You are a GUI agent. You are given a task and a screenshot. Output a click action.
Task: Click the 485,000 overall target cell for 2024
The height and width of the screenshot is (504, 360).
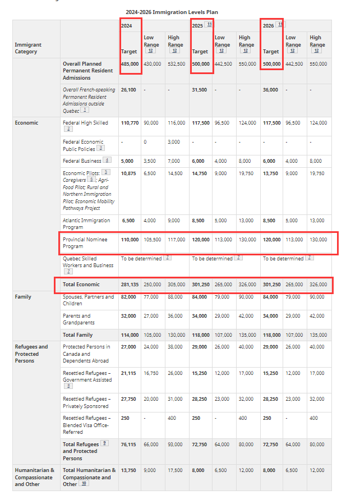(x=130, y=64)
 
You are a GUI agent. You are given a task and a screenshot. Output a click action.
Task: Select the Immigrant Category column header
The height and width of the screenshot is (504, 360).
(x=26, y=48)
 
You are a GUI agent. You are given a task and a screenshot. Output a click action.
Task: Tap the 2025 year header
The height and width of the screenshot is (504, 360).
(x=198, y=26)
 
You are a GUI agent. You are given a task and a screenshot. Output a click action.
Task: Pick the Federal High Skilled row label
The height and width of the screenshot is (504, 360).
(x=85, y=122)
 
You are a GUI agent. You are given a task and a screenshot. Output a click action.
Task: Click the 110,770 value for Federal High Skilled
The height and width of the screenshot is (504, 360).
(x=130, y=122)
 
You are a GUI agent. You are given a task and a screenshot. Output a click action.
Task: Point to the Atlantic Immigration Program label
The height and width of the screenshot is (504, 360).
(x=86, y=223)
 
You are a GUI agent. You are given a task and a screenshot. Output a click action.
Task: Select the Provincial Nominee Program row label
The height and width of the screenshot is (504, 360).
(x=85, y=242)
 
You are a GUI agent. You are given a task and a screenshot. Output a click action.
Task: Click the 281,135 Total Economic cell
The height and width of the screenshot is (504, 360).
(x=130, y=285)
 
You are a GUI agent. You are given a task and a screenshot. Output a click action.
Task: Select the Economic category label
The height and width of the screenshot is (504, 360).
(x=26, y=122)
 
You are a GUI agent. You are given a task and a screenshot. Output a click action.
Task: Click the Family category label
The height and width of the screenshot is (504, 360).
(x=23, y=297)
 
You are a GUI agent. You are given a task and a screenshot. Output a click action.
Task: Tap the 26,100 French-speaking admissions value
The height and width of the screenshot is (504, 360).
(x=129, y=90)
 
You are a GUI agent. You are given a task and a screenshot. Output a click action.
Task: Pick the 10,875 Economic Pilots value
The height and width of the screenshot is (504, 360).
(x=129, y=173)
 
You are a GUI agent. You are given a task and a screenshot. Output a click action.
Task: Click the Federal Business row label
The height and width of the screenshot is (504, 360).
(x=83, y=161)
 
